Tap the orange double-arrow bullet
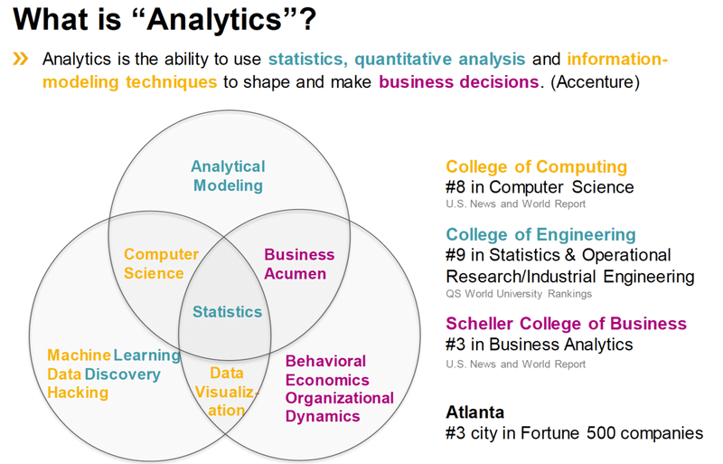(20, 60)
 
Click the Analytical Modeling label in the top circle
(227, 176)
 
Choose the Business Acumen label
(299, 264)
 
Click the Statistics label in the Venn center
(227, 312)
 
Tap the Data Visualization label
(227, 392)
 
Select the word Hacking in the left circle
(78, 393)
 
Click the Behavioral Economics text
(326, 371)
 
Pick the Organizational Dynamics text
(339, 407)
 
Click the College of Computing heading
(536, 166)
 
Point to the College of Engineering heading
(540, 235)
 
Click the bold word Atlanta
(475, 412)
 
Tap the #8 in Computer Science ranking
(540, 187)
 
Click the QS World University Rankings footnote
(518, 293)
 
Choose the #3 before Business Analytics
(458, 345)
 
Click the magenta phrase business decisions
(458, 82)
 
